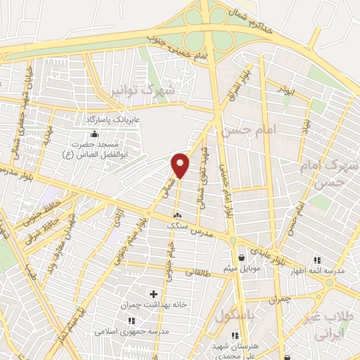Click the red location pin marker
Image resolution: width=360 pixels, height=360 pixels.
coord(181,165)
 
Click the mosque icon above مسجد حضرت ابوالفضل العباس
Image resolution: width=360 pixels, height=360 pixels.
coord(95,134)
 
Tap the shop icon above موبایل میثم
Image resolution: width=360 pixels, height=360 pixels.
coord(243,257)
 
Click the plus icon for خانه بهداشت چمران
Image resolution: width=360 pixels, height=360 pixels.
coord(153,292)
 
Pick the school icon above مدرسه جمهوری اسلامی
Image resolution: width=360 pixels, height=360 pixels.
coord(131,321)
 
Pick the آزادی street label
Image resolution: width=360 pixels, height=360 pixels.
coord(118,219)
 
